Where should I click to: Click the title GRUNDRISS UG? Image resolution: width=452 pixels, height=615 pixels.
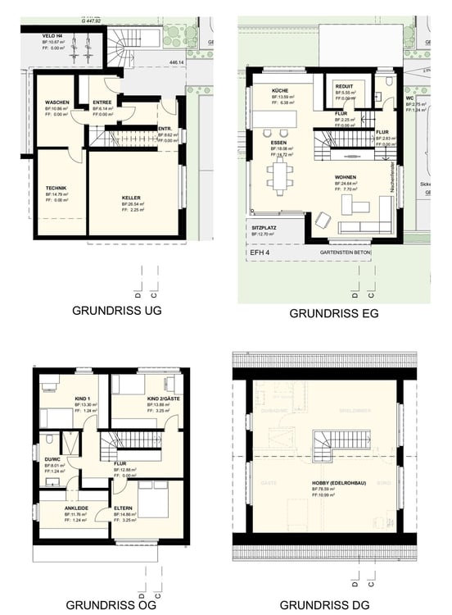pos(117,311)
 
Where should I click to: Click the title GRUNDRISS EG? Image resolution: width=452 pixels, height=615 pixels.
pos(333,314)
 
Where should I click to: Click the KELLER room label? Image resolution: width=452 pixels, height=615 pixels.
pos(131,198)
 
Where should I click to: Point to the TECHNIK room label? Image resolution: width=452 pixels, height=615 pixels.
pos(56,188)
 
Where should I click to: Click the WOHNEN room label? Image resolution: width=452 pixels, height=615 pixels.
pos(346,177)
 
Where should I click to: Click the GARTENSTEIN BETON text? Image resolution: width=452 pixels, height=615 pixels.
pos(348,253)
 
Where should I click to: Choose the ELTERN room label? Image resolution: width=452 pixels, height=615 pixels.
pos(124,508)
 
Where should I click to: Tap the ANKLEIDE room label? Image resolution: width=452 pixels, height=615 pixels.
pos(77,508)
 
